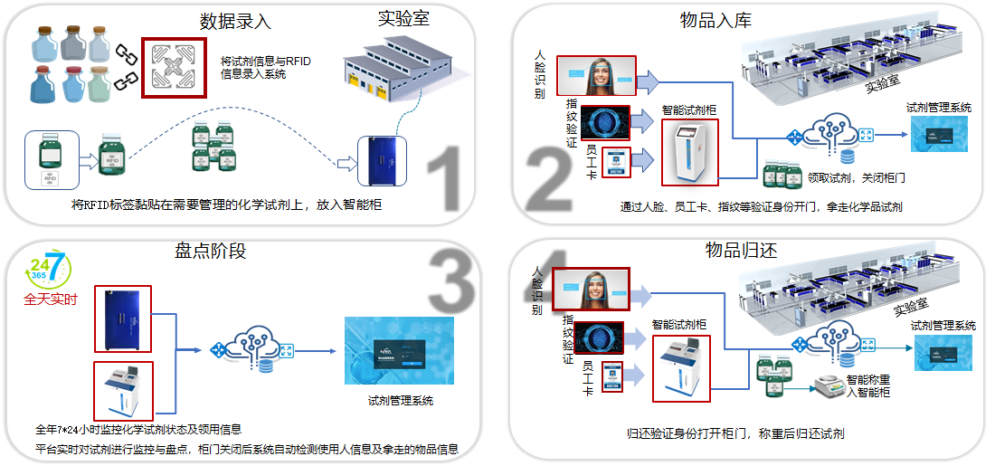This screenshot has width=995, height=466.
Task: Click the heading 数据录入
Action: [x=235, y=19]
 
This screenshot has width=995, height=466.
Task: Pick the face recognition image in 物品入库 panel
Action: [x=596, y=76]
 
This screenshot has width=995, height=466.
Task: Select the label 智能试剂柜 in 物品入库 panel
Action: [x=689, y=110]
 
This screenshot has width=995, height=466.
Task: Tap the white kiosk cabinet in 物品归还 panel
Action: [x=680, y=368]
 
